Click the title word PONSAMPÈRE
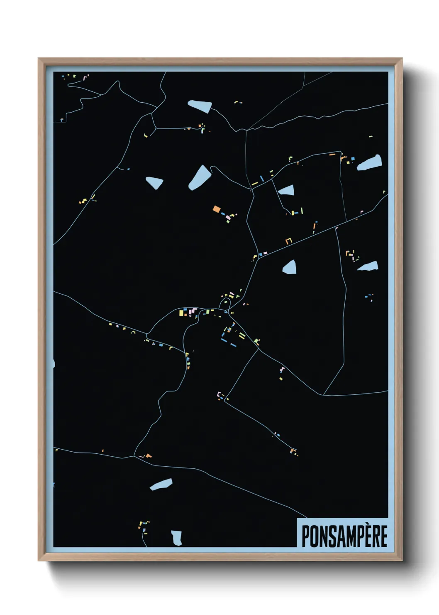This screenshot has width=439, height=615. (x=344, y=536)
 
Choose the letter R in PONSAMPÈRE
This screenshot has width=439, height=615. (x=373, y=536)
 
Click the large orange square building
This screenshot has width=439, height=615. (x=216, y=209)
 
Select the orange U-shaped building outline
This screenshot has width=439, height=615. (x=289, y=240)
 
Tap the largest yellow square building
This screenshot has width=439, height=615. (x=182, y=313)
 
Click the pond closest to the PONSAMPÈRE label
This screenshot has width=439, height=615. (x=177, y=538)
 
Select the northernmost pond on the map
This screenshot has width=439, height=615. (x=200, y=106)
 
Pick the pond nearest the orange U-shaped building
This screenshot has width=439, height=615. (x=290, y=267)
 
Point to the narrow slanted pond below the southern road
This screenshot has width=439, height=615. (x=161, y=484)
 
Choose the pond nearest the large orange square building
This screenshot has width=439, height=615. (x=200, y=177)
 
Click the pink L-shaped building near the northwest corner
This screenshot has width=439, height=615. (x=85, y=77)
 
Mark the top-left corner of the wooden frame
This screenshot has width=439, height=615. (x=39, y=59)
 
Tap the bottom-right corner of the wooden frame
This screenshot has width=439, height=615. (x=402, y=561)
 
